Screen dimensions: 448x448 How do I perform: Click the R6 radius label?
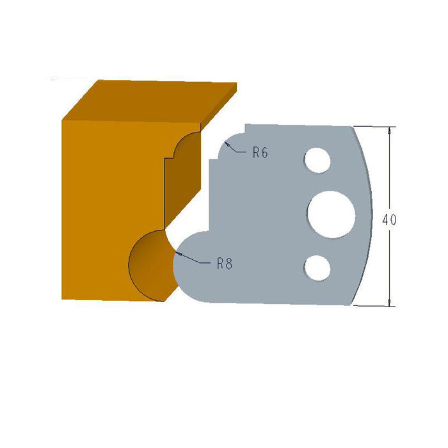[259, 152]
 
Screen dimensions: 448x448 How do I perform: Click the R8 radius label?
[224, 263]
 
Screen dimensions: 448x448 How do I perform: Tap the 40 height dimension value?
[389, 220]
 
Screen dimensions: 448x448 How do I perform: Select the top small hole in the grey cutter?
[317, 160]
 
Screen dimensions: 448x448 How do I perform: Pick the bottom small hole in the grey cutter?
[317, 268]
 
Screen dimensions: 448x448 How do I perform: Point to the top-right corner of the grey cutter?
[352, 126]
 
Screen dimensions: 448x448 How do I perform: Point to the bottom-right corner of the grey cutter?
[351, 305]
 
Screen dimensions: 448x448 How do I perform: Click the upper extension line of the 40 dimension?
[374, 126]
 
